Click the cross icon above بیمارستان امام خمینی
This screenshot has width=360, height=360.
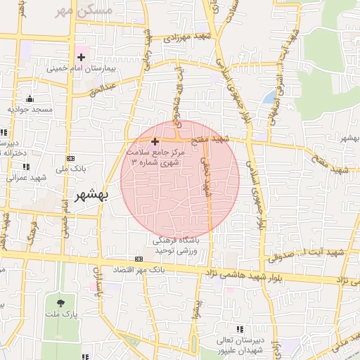[82, 56]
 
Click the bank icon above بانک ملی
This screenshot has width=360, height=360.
[70, 158]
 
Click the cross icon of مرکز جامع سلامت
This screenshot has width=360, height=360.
[155, 141]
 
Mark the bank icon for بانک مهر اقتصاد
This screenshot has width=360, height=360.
[139, 259]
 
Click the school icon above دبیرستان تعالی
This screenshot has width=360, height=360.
[240, 329]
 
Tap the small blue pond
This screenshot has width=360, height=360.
[269, 96]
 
